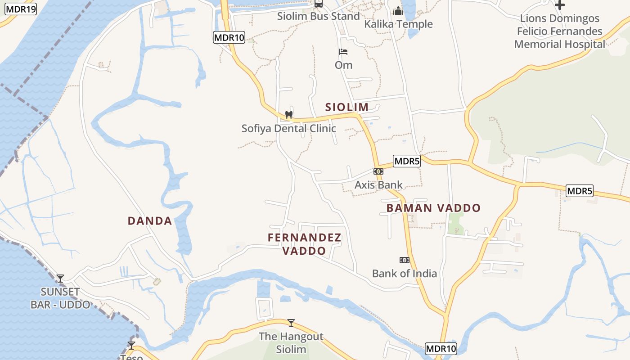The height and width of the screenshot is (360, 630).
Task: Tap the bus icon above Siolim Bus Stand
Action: click(x=318, y=4)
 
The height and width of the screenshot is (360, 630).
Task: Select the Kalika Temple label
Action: click(x=398, y=24)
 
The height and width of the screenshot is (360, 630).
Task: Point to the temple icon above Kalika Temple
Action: click(x=398, y=11)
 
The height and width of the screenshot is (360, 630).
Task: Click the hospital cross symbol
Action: click(x=560, y=5)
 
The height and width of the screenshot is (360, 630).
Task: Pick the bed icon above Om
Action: click(x=343, y=52)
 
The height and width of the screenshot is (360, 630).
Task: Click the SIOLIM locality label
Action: click(x=347, y=107)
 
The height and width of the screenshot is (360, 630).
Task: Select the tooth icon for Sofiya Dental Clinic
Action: click(x=289, y=115)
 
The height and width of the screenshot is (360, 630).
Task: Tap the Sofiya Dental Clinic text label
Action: click(x=288, y=129)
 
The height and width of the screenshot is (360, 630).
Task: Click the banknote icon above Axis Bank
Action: click(x=378, y=171)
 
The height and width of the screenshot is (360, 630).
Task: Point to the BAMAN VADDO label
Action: click(x=433, y=208)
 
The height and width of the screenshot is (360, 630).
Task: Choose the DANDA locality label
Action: click(x=150, y=221)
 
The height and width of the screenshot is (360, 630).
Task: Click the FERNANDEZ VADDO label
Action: click(x=305, y=244)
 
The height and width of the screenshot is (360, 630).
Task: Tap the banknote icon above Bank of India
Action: click(x=404, y=260)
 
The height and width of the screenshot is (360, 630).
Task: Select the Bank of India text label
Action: click(x=404, y=274)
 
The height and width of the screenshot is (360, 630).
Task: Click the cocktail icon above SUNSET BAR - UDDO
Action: click(x=60, y=278)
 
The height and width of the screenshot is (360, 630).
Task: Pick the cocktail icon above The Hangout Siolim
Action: click(x=291, y=323)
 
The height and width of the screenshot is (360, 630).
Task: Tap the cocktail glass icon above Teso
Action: click(x=131, y=346)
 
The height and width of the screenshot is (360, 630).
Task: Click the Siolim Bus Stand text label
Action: click(x=318, y=17)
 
